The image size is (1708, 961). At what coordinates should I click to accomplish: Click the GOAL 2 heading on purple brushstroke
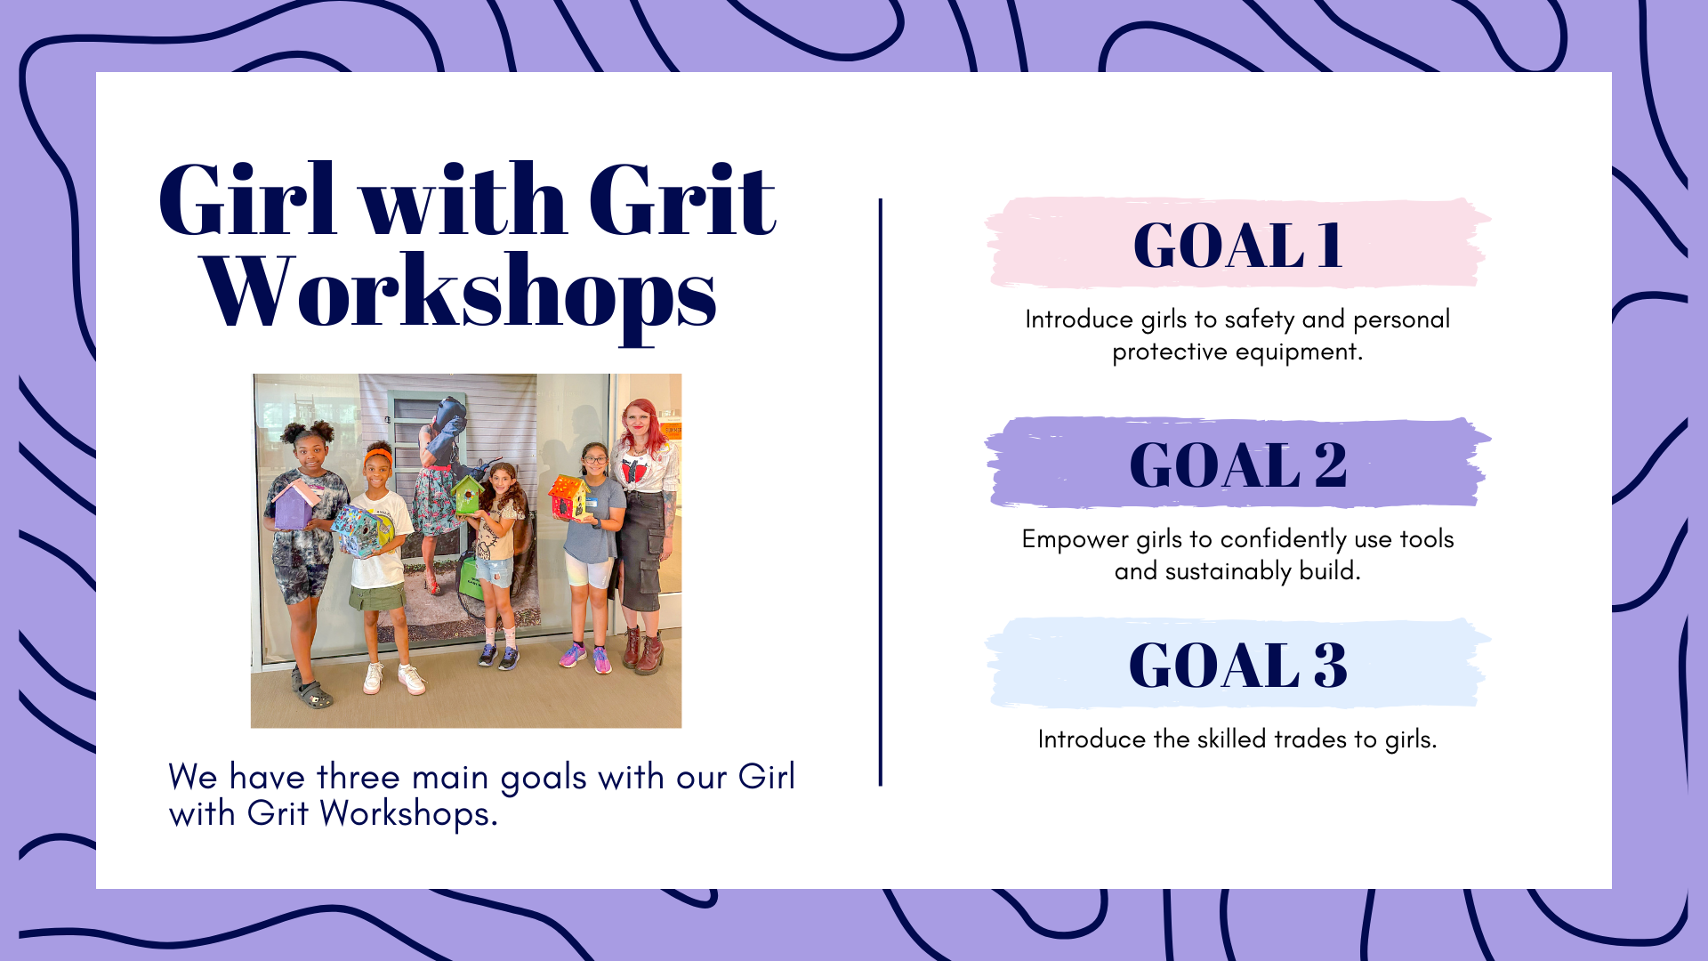[x=1237, y=464]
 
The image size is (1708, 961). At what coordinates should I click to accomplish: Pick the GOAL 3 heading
[x=1237, y=665]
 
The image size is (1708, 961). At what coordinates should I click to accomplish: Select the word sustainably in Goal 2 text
[x=1228, y=571]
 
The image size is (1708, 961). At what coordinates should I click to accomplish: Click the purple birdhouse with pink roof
[x=295, y=504]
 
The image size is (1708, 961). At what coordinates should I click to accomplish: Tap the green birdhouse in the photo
[x=466, y=495]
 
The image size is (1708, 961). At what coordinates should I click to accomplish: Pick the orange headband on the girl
[x=379, y=456]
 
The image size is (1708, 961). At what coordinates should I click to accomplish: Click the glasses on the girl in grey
[x=594, y=459]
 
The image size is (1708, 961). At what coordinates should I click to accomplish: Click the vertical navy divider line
[x=881, y=492]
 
